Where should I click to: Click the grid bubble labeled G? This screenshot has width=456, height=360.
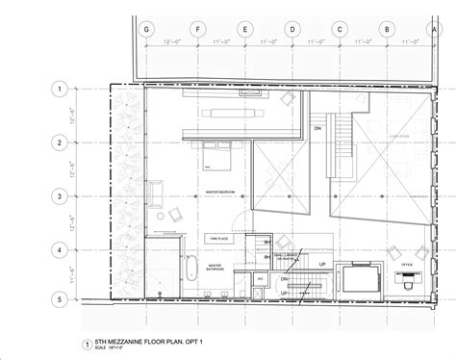coord(146,29)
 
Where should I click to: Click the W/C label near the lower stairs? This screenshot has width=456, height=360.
coord(260,280)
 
